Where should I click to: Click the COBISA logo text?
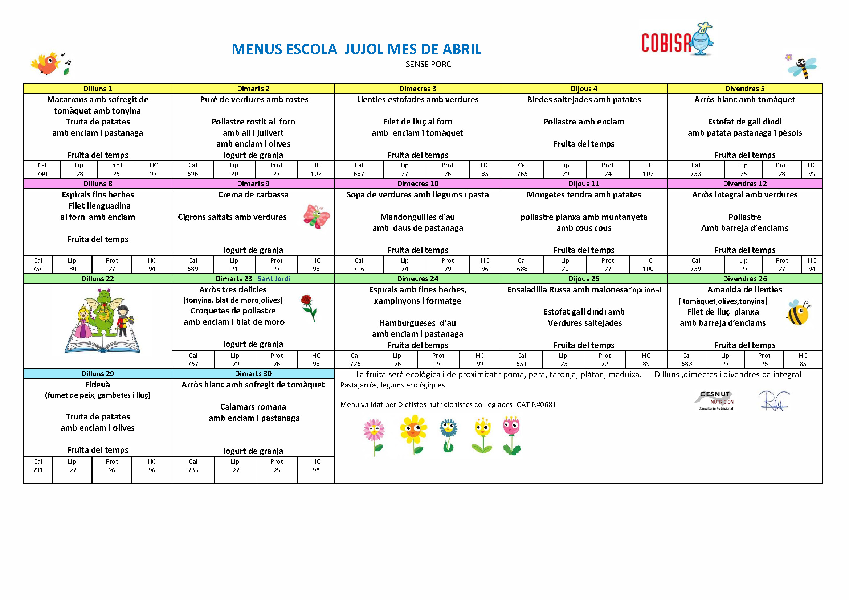click(666, 42)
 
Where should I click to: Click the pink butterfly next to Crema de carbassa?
click(316, 217)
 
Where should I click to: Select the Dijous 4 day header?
click(584, 89)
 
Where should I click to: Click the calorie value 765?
click(522, 174)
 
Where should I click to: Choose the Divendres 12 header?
click(744, 184)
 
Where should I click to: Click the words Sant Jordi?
click(274, 279)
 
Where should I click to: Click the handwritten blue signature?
click(773, 400)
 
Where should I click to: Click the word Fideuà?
click(98, 385)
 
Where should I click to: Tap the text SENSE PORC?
click(428, 65)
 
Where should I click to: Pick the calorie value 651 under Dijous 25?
click(521, 364)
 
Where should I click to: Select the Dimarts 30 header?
click(253, 374)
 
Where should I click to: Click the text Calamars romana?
click(253, 407)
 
